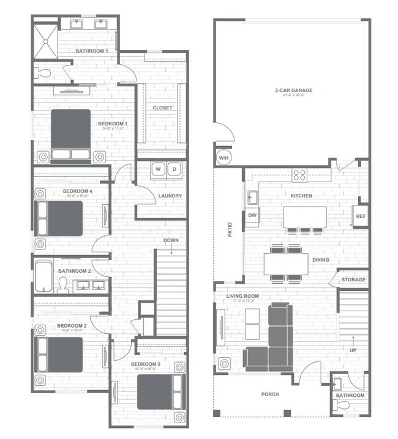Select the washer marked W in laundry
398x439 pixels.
point(158,169)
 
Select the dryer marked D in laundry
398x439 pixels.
point(173,169)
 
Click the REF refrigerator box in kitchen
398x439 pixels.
point(360,216)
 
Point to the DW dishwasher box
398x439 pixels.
point(252,215)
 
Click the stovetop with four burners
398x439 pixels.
point(299,175)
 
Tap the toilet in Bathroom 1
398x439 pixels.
point(43,73)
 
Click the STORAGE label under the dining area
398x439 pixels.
point(353,280)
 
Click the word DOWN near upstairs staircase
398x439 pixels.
point(171,240)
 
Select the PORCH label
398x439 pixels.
point(269,394)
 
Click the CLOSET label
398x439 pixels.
point(162,108)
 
